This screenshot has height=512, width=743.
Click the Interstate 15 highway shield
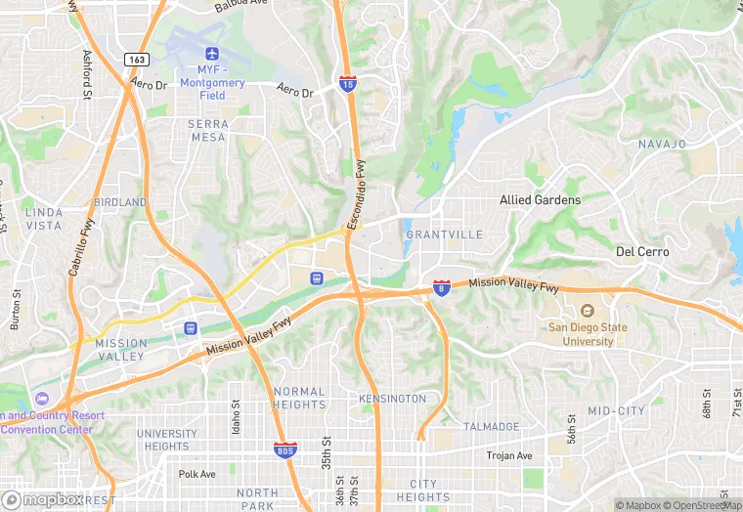[347, 84]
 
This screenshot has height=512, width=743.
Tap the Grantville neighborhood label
[444, 235]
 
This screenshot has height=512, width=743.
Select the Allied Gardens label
[540, 199]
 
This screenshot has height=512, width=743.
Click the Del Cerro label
[642, 251]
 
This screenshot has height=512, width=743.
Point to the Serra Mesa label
[207, 130]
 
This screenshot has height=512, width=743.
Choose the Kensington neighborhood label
[392, 399]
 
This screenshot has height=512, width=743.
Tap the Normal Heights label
[299, 398]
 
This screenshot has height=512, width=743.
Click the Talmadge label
[491, 427]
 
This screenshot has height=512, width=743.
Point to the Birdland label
[120, 202]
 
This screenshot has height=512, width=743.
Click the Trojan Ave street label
[509, 456]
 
